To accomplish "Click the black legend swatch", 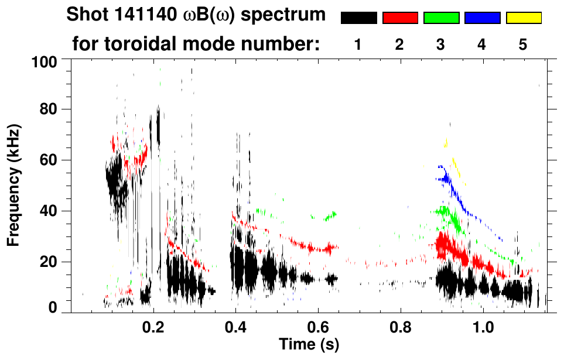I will point(359,18).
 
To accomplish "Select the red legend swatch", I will point(400,18).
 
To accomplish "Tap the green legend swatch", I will point(441,18).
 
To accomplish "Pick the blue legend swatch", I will point(482,18).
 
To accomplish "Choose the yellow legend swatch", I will point(523,18).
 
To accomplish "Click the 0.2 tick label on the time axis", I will point(153,325).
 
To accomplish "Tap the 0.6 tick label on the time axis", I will point(318,325).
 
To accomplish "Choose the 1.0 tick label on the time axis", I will point(483,325).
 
